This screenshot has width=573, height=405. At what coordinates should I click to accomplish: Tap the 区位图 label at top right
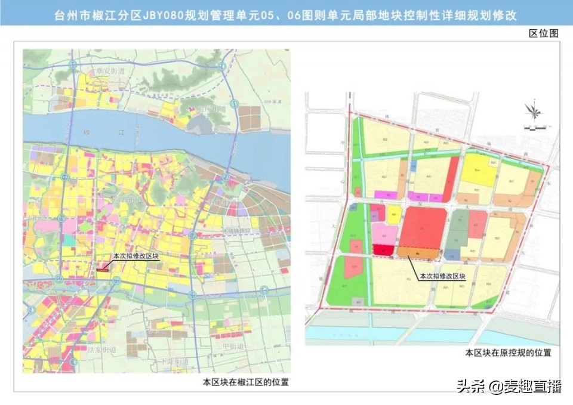[544, 33]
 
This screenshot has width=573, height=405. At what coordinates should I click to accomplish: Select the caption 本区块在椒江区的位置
[246, 382]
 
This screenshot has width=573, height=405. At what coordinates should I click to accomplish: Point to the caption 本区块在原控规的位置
[508, 353]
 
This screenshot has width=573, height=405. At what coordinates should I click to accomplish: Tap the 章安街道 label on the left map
[110, 71]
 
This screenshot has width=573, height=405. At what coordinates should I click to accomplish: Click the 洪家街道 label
[101, 349]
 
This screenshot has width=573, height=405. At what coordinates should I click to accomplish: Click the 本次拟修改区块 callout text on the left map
[137, 255]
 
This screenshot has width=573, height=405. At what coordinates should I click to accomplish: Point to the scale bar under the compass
[533, 127]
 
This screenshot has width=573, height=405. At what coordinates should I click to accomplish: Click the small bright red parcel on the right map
[381, 251]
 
